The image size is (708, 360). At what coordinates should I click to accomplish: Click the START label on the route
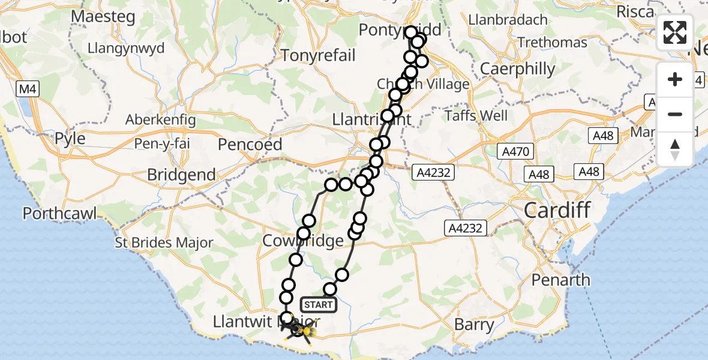click(318, 305)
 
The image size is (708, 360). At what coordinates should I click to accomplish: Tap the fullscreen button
click(675, 32)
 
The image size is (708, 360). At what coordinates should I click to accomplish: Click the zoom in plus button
click(675, 79)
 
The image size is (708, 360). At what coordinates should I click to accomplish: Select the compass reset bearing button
click(675, 149)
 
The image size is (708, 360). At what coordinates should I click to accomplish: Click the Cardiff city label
click(557, 211)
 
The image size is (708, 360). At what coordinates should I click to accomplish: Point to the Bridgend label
click(182, 175)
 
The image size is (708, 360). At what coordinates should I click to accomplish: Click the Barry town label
click(475, 326)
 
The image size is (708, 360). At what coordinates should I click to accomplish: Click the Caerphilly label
click(518, 69)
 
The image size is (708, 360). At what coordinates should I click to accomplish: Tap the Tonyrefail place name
click(319, 56)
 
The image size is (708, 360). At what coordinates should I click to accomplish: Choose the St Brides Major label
click(165, 243)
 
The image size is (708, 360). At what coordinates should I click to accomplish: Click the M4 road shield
click(28, 90)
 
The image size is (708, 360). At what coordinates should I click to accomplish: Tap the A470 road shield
click(515, 152)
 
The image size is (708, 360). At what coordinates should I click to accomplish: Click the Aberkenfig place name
click(160, 120)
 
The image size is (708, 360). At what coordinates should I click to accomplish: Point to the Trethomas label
click(552, 43)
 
